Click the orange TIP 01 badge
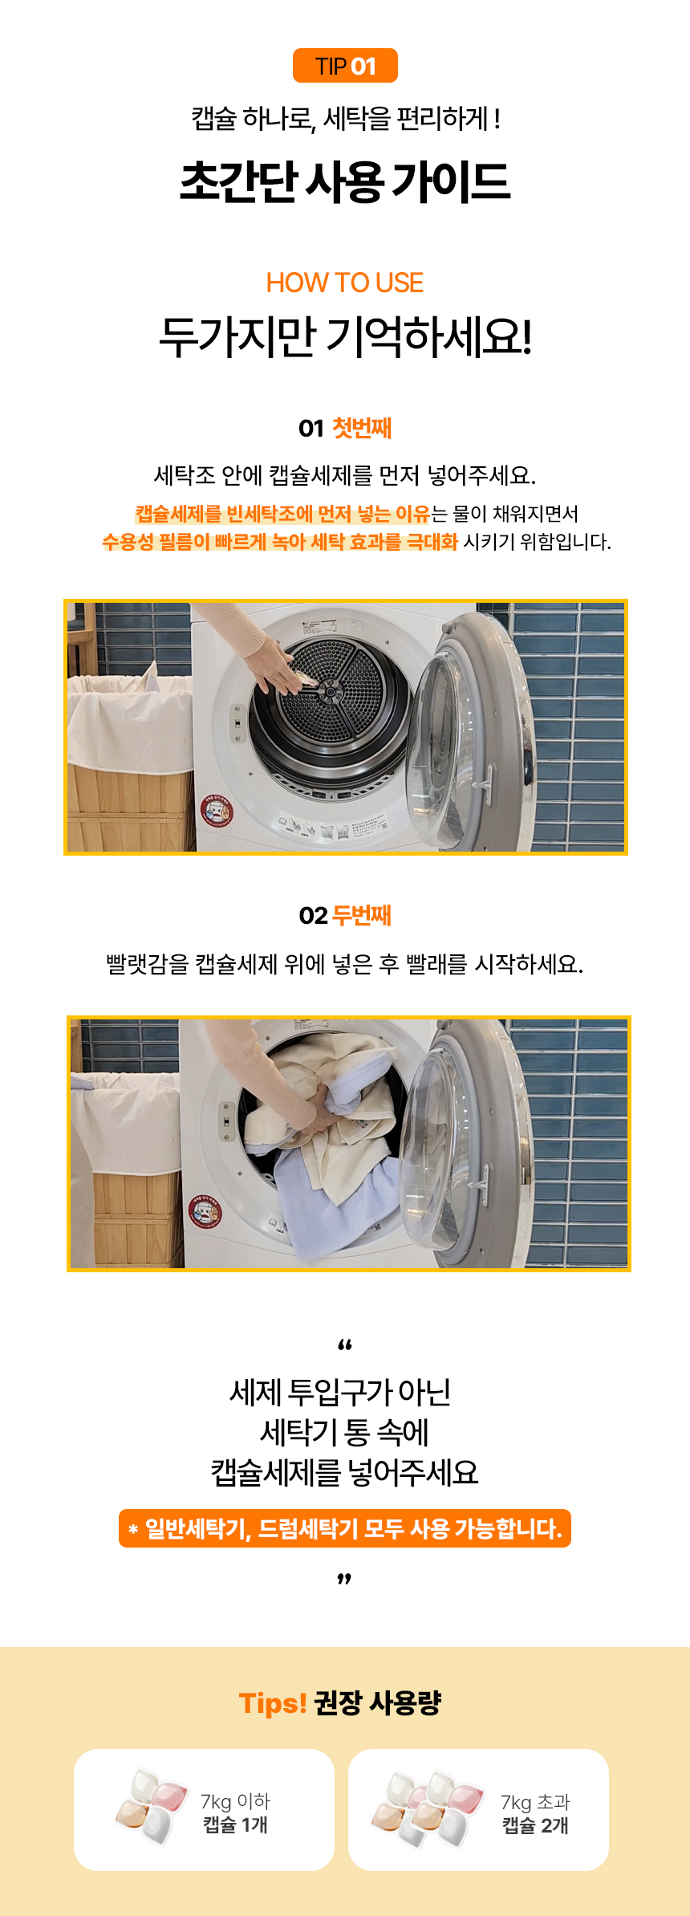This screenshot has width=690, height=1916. pyautogui.click(x=345, y=66)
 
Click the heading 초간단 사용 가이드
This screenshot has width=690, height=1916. pyautogui.click(x=345, y=181)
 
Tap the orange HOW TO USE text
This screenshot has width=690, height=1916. pyautogui.click(x=345, y=283)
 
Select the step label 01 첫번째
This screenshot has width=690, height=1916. pyautogui.click(x=345, y=428)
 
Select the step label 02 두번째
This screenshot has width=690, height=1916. pyautogui.click(x=345, y=915)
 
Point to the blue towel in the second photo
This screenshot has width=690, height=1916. pyautogui.click(x=337, y=1204)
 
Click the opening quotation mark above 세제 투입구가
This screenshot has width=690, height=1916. pyautogui.click(x=345, y=1344)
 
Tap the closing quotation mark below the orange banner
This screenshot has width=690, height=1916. pyautogui.click(x=345, y=1580)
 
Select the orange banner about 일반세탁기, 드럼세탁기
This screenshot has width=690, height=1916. pyautogui.click(x=345, y=1528)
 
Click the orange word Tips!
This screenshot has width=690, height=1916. pyautogui.click(x=273, y=1702)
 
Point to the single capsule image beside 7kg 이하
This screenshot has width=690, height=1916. pyautogui.click(x=153, y=1806)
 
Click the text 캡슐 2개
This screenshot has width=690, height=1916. pyautogui.click(x=535, y=1825)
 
